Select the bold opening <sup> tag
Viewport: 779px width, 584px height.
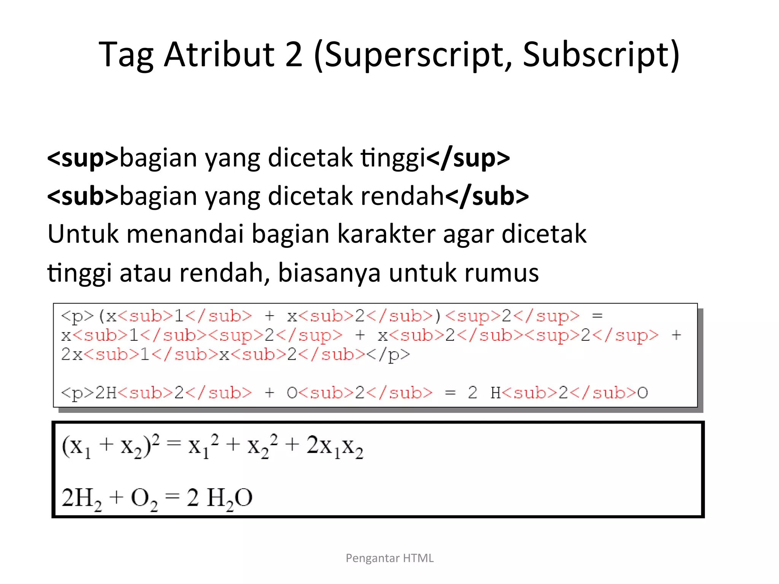[83, 158]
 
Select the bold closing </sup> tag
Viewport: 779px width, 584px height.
[468, 158]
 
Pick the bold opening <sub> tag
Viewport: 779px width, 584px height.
[83, 196]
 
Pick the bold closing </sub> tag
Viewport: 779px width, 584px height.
[487, 196]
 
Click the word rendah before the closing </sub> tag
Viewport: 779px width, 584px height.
[402, 196]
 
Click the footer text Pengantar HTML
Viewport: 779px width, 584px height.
[389, 558]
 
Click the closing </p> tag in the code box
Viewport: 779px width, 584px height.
[388, 355]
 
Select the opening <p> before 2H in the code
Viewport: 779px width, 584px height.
[77, 393]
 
